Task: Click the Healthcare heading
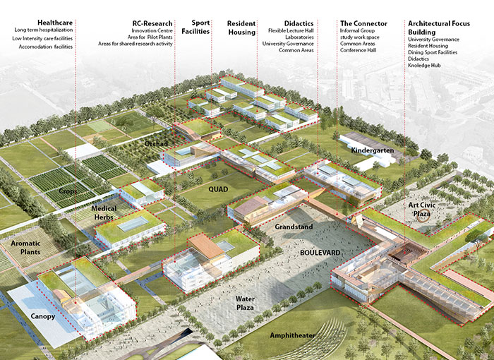coord(55,23)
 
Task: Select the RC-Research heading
coord(152,23)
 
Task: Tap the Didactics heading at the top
coord(299,23)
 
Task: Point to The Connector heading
coord(363,23)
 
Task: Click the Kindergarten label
coord(373,150)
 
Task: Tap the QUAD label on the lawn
coord(218,189)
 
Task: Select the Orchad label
coord(156,144)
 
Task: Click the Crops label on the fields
coord(68,191)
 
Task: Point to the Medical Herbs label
coord(104,212)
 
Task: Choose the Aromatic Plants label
coord(25,248)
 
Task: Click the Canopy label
coord(43,316)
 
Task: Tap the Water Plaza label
coord(245,303)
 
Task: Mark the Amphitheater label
coord(292,335)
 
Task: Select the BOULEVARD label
coord(320,253)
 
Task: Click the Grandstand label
coord(294,227)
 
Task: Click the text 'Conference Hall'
coord(359,50)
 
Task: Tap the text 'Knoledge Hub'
coord(424,66)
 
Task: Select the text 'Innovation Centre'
coord(152,31)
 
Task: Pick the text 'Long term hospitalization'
coord(44,30)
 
